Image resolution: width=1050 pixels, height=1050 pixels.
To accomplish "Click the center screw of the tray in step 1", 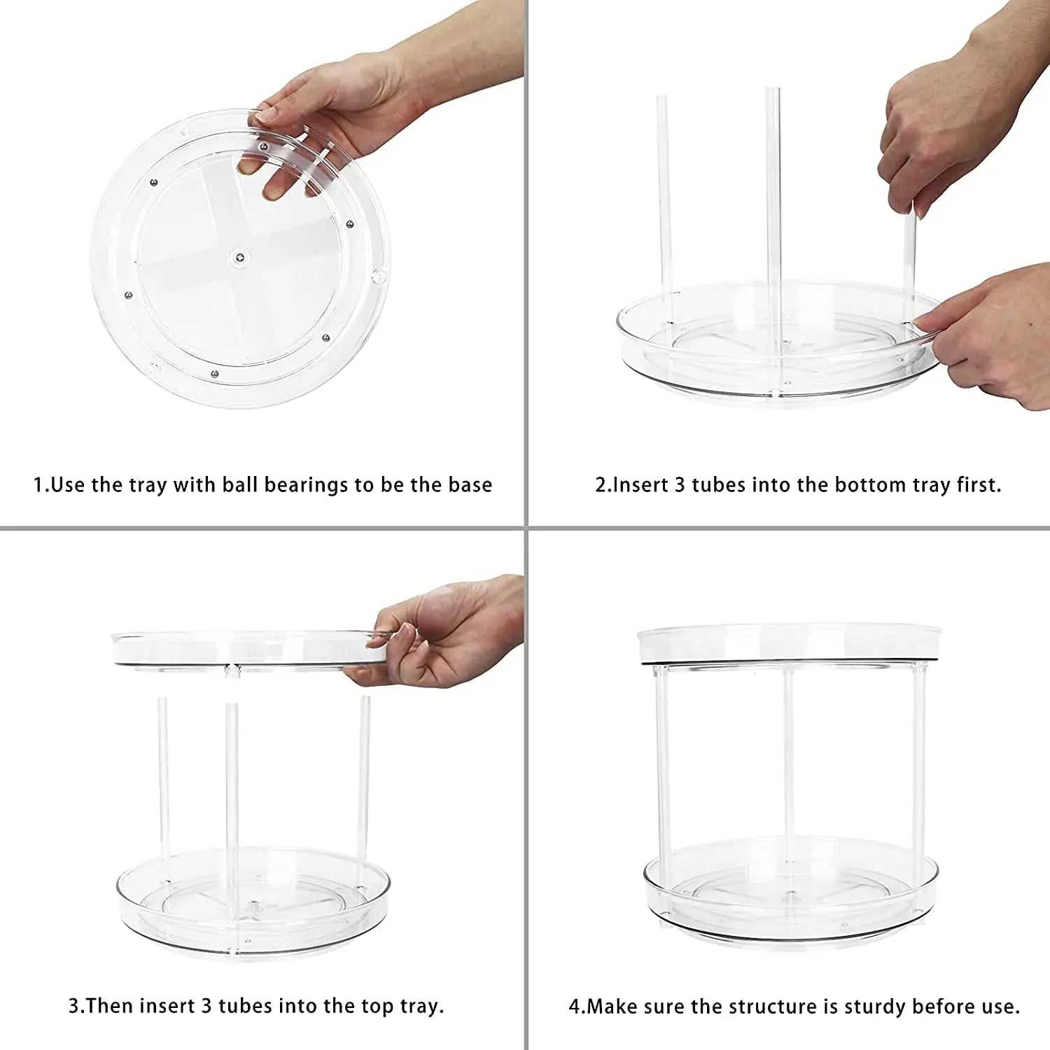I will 240,258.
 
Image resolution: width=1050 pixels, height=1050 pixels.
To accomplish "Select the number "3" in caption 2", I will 680,485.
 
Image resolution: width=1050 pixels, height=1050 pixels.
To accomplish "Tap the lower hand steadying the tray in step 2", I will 994,336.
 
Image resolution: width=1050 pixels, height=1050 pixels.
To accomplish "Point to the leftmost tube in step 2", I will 664,203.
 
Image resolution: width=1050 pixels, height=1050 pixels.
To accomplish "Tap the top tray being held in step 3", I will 238,647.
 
